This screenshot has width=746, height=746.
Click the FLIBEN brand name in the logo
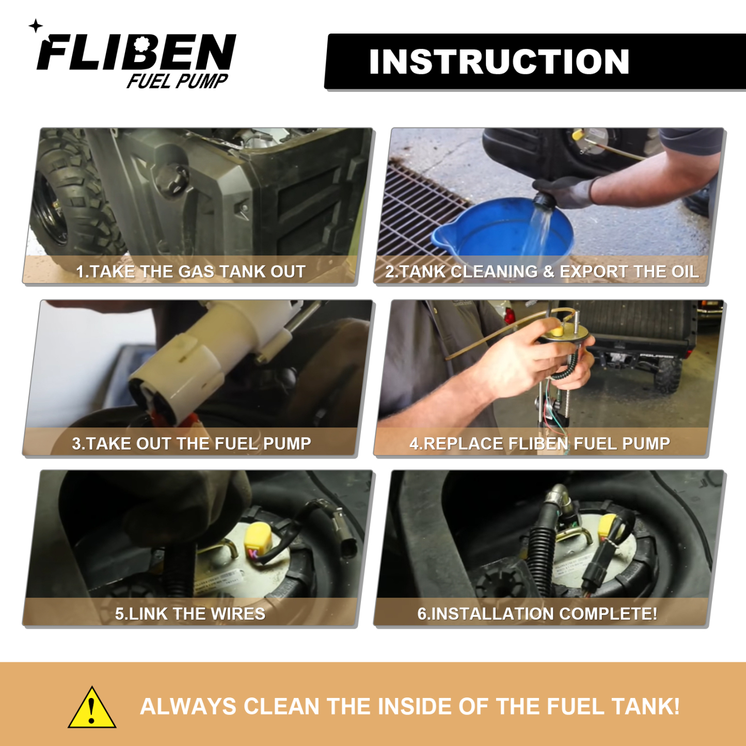click(x=137, y=53)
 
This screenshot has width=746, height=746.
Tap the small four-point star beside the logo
click(x=36, y=26)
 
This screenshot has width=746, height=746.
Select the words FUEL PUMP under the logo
click(x=177, y=81)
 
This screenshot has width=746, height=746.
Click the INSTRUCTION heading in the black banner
click(x=499, y=62)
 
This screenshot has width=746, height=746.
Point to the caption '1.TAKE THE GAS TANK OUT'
click(x=191, y=272)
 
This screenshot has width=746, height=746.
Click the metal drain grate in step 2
click(x=418, y=207)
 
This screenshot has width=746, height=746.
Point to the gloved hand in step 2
click(x=568, y=191)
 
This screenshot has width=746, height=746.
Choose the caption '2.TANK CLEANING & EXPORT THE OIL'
click(x=542, y=272)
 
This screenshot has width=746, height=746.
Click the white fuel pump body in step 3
click(x=207, y=356)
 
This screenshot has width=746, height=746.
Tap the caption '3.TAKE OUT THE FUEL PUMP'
click(x=191, y=443)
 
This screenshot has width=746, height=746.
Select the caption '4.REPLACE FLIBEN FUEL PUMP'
click(x=539, y=443)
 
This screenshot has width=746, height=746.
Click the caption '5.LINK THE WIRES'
click(x=190, y=614)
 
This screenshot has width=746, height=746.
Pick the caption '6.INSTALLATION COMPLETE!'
click(x=537, y=614)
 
